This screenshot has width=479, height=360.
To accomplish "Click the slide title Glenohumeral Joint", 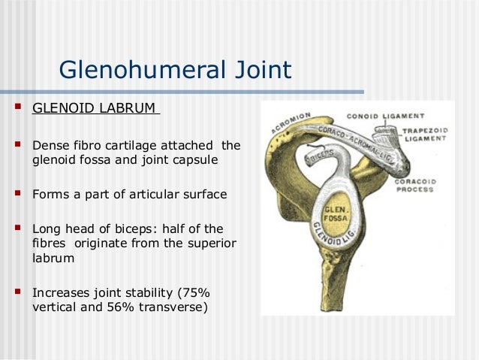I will pyautogui.click(x=174, y=71).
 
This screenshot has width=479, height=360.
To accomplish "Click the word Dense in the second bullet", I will pyautogui.click(x=49, y=144).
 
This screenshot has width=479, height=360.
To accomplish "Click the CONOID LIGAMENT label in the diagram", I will pyautogui.click(x=385, y=116).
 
